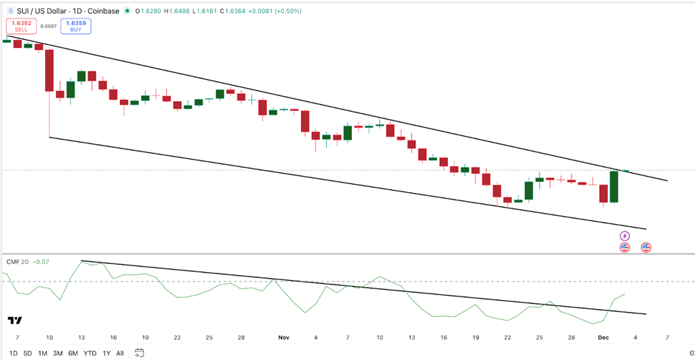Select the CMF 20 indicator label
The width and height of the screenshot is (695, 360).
point(16,261)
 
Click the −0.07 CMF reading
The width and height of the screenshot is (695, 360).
point(42,261)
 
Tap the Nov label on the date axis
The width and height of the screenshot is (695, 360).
point(284,337)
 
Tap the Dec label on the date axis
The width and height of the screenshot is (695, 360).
point(603,337)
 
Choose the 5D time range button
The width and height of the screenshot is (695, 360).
point(27,353)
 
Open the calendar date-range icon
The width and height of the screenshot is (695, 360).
point(140,353)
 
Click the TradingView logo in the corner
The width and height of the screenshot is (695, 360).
point(14,320)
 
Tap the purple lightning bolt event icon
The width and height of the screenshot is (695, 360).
point(624,236)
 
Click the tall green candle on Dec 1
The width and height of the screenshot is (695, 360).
point(614,187)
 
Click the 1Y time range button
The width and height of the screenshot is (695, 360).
point(106,353)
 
